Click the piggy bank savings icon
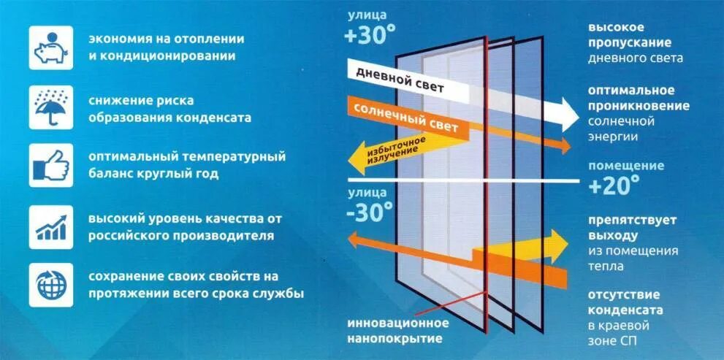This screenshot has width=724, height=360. [51, 47]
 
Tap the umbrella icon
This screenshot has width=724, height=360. [51, 107]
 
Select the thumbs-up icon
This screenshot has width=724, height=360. [51, 165]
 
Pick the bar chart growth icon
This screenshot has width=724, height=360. [51, 226]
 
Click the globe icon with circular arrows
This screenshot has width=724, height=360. [51, 285]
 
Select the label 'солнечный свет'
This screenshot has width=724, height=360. [405, 117]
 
